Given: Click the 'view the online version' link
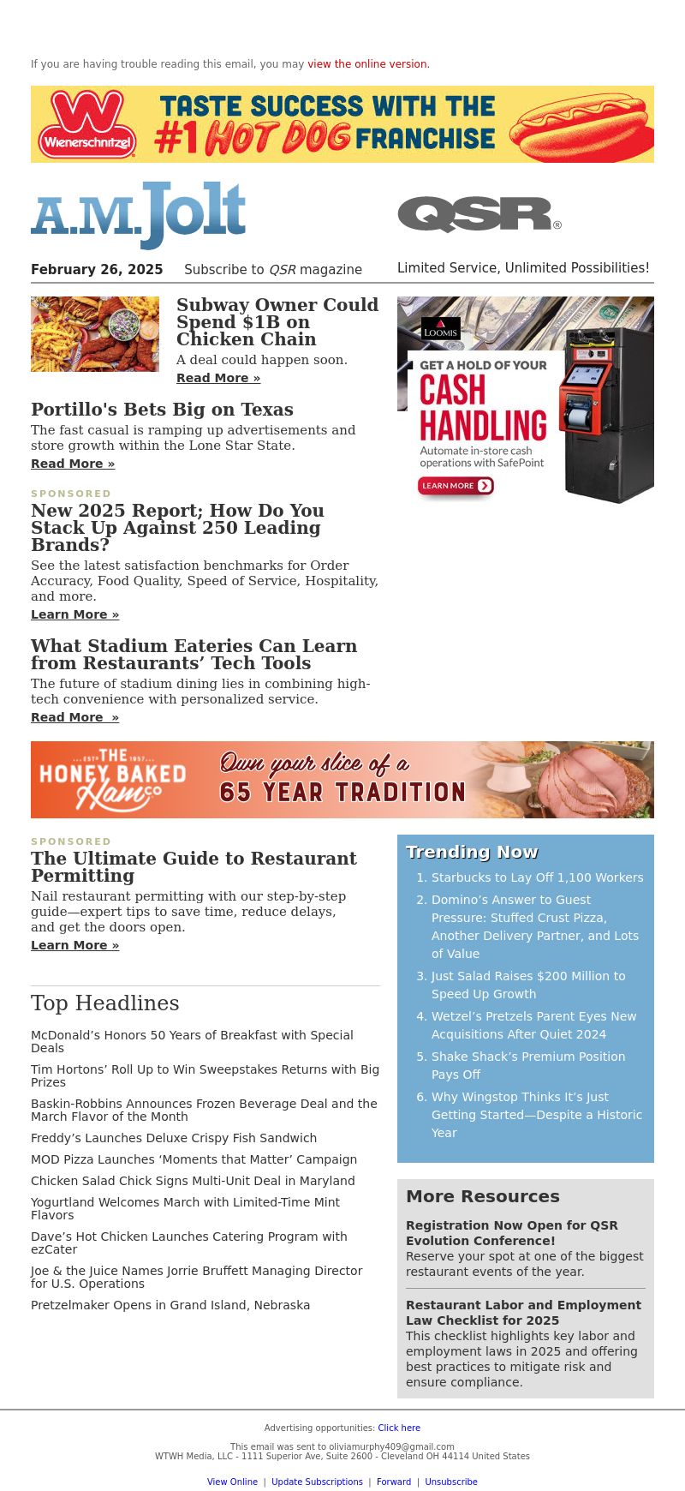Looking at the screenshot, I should (x=367, y=64).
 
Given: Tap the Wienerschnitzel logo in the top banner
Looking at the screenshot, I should (x=87, y=124).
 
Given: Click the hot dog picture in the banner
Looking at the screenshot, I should (x=579, y=124).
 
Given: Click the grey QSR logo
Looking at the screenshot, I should (x=479, y=214).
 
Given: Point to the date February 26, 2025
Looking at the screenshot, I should (x=97, y=270).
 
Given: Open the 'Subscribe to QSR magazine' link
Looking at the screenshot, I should (x=273, y=270).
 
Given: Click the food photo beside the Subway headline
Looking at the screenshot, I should (x=95, y=334).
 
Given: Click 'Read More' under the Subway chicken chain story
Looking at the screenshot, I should (x=218, y=378).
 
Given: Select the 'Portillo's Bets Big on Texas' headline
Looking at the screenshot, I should (x=162, y=410).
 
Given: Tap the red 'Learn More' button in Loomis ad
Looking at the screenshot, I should (x=456, y=486).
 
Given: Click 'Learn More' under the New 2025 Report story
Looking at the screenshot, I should (x=74, y=614).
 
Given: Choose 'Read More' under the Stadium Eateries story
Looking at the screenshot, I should (x=74, y=717).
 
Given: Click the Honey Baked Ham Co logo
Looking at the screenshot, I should (x=112, y=780).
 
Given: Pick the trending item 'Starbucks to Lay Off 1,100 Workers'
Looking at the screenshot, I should (x=537, y=877).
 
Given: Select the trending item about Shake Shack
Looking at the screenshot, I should (x=528, y=1065).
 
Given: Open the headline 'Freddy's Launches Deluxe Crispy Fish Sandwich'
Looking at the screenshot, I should (x=174, y=1138).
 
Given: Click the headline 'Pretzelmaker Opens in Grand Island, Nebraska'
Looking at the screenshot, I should (x=170, y=1305).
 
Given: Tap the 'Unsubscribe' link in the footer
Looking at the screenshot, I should (x=451, y=1482).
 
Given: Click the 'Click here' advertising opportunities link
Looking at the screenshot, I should (x=399, y=1428).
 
